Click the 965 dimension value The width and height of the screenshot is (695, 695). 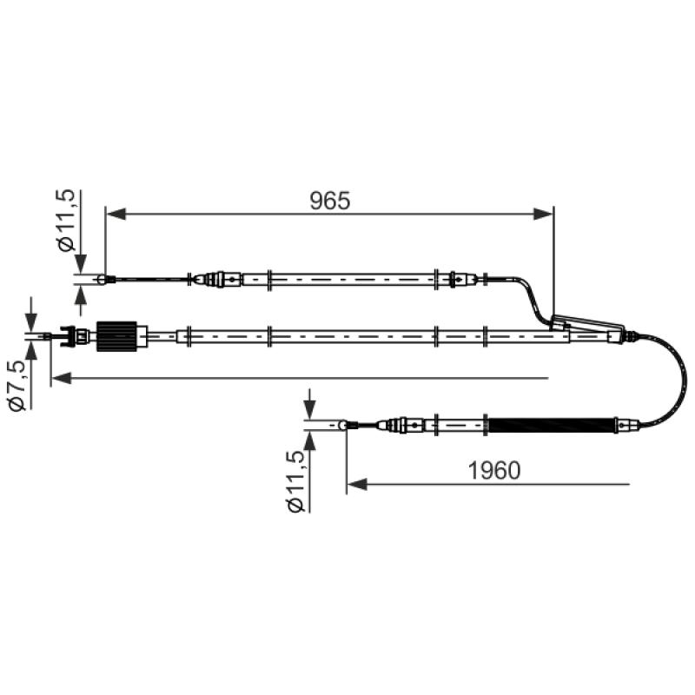(330, 201)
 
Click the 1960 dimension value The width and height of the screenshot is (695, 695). (494, 471)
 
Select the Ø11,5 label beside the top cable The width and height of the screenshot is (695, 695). (65, 221)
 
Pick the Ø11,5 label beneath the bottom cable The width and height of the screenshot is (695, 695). (295, 482)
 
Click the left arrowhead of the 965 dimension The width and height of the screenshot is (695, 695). (116, 214)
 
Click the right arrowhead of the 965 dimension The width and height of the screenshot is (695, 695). (543, 214)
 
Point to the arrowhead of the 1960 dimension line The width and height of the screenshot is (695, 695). (357, 485)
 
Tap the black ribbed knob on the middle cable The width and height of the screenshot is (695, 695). (116, 336)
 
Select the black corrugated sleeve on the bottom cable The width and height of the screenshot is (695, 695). (551, 426)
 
